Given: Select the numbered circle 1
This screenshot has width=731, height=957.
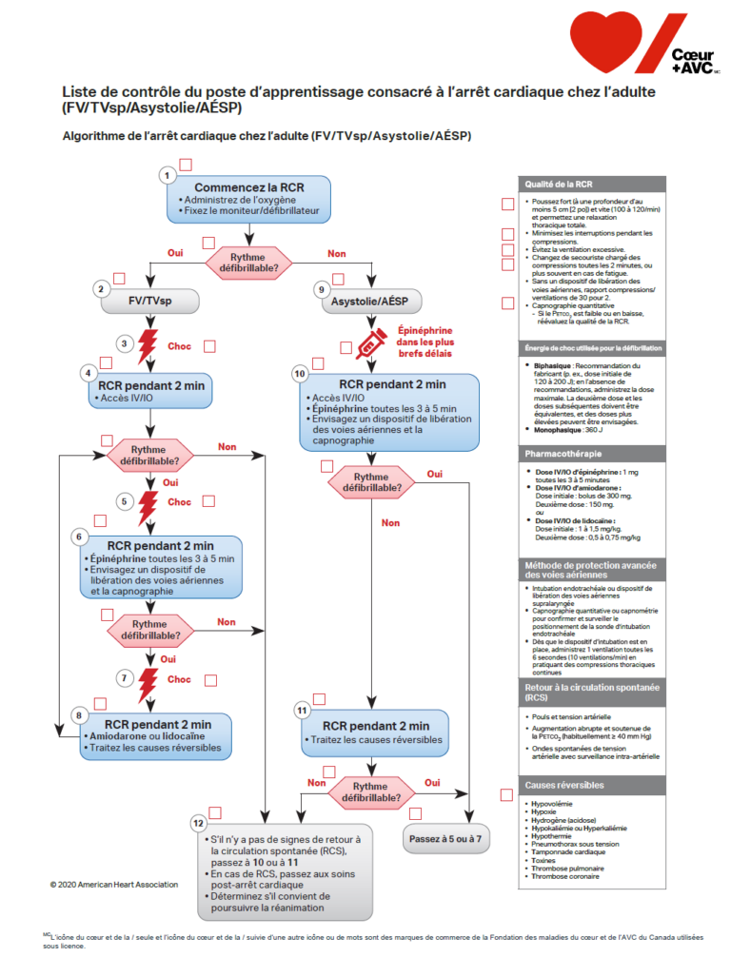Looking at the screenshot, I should pos(168,175).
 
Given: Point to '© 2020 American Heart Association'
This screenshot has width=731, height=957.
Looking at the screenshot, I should pos(113,884).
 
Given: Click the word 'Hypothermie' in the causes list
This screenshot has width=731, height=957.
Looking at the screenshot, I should pos(556,834).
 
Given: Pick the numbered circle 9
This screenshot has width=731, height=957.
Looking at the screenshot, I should pos(322,288).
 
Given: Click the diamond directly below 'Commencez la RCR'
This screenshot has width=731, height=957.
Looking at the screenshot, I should pos(248,262).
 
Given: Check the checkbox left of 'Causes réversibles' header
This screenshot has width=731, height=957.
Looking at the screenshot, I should pos(506,794).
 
